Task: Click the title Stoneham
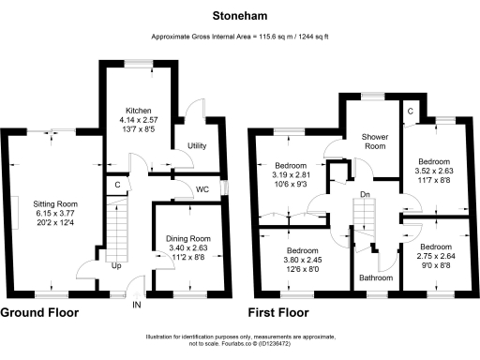coord(240,16)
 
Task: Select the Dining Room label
coord(187,239)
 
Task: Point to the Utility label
coord(197,146)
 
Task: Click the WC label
coord(202,189)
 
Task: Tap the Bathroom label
coord(375,277)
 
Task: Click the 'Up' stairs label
coord(116,266)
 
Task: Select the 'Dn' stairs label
coord(365,195)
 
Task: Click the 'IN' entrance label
coord(136,306)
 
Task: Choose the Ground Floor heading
coord(39,312)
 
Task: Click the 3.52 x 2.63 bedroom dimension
coord(434,171)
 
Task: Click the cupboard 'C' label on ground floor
coord(116,185)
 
